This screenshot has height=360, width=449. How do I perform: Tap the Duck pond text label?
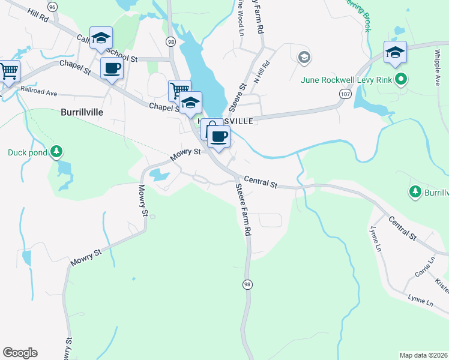pyautogui.click(x=26, y=152)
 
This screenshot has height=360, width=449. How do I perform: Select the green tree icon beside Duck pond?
pyautogui.click(x=56, y=151)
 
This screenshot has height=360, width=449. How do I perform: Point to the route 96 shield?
pyautogui.click(x=53, y=7)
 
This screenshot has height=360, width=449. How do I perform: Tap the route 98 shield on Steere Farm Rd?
pyautogui.click(x=247, y=283)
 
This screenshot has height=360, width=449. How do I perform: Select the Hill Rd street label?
pyautogui.click(x=37, y=16)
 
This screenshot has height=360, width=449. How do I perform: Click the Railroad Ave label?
pyautogui.click(x=38, y=93)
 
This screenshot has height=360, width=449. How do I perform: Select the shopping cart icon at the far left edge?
pyautogui.click(x=9, y=71)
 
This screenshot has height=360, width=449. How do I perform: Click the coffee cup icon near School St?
pyautogui.click(x=112, y=68)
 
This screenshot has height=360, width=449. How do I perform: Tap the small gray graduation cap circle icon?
pyautogui.click(x=304, y=58)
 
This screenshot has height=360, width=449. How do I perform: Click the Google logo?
pyautogui.click(x=20, y=353)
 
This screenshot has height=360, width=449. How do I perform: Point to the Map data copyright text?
pyautogui.click(x=424, y=355)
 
